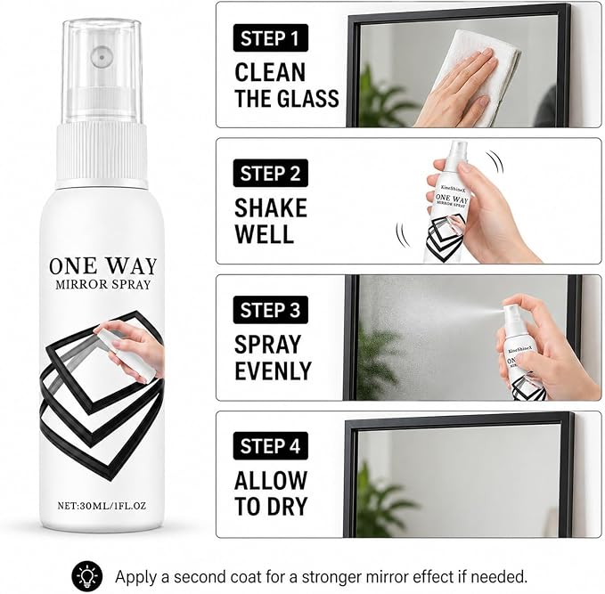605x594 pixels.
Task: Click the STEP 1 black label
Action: (271, 37)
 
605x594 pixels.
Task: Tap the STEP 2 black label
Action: (271, 173)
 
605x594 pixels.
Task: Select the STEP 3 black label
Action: (271, 310)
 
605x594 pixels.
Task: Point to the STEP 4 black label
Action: (271, 446)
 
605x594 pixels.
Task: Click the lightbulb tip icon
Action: (87, 577)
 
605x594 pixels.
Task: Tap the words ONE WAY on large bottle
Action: (103, 265)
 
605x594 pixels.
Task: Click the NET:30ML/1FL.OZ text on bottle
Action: (102, 505)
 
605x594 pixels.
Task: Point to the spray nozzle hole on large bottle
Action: (102, 57)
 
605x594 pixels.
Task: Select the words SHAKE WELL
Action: (271, 221)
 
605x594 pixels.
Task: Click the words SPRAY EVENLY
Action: (273, 357)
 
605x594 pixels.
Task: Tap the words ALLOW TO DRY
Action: (271, 493)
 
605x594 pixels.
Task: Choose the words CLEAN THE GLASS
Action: (287, 85)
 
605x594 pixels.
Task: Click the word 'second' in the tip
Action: (200, 577)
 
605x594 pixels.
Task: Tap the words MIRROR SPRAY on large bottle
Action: (103, 285)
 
